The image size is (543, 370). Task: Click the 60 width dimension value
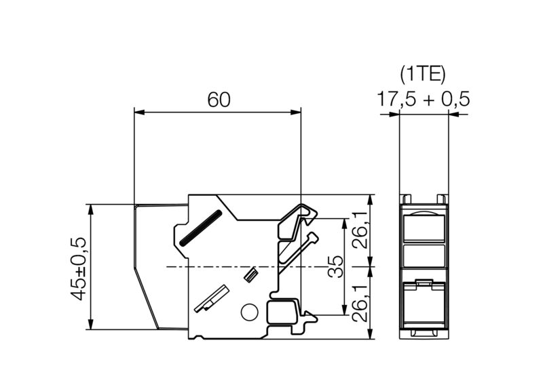click(x=219, y=100)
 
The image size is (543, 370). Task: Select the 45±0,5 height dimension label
click(x=79, y=268)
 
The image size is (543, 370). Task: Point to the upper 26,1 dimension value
click(x=360, y=231)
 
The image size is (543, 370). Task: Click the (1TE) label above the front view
click(x=423, y=73)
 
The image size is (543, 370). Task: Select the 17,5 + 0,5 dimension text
click(x=423, y=100)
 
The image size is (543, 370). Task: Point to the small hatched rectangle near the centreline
click(x=250, y=274)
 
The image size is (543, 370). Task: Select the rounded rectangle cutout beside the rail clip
click(x=280, y=312)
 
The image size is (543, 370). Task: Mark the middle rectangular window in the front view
click(x=423, y=255)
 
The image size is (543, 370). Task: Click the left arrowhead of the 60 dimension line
click(x=138, y=112)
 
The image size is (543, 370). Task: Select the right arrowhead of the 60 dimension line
click(x=297, y=112)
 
